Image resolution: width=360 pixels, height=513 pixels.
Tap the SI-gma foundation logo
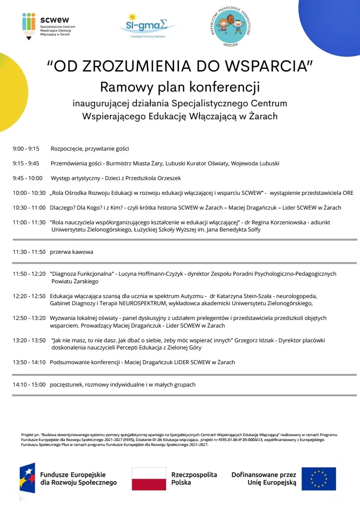(x=147, y=25)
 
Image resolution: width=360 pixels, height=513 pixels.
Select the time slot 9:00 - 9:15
(x=26, y=149)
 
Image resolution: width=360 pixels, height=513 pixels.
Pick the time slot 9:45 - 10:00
(x=28, y=178)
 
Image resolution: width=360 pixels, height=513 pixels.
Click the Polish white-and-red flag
(x=148, y=479)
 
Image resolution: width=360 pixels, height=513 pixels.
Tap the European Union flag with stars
(x=318, y=479)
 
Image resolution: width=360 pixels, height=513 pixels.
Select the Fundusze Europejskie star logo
(x=27, y=479)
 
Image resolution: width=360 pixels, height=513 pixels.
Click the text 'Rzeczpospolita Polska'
(x=194, y=479)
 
